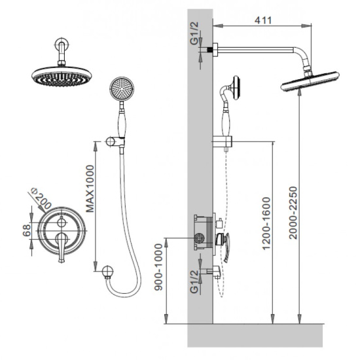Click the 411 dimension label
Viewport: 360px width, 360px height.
[263, 20]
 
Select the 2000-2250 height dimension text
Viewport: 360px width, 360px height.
[293, 213]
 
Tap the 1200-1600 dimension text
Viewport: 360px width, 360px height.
[266, 223]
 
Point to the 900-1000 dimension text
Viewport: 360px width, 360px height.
[158, 267]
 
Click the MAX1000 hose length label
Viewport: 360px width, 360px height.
[90, 189]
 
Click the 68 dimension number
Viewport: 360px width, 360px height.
[27, 230]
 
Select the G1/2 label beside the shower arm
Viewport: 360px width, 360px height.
[194, 33]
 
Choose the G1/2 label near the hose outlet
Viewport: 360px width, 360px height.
[194, 281]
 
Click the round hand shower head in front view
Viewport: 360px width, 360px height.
[122, 89]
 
